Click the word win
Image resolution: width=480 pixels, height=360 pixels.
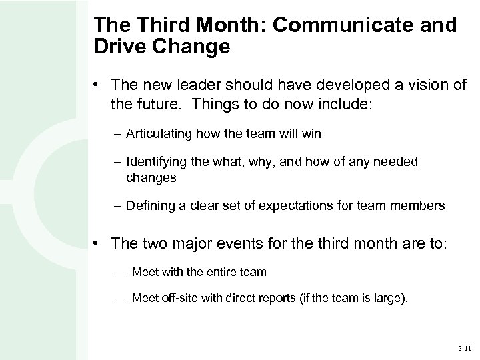click(311, 134)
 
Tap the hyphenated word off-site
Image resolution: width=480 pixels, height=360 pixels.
click(175, 298)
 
